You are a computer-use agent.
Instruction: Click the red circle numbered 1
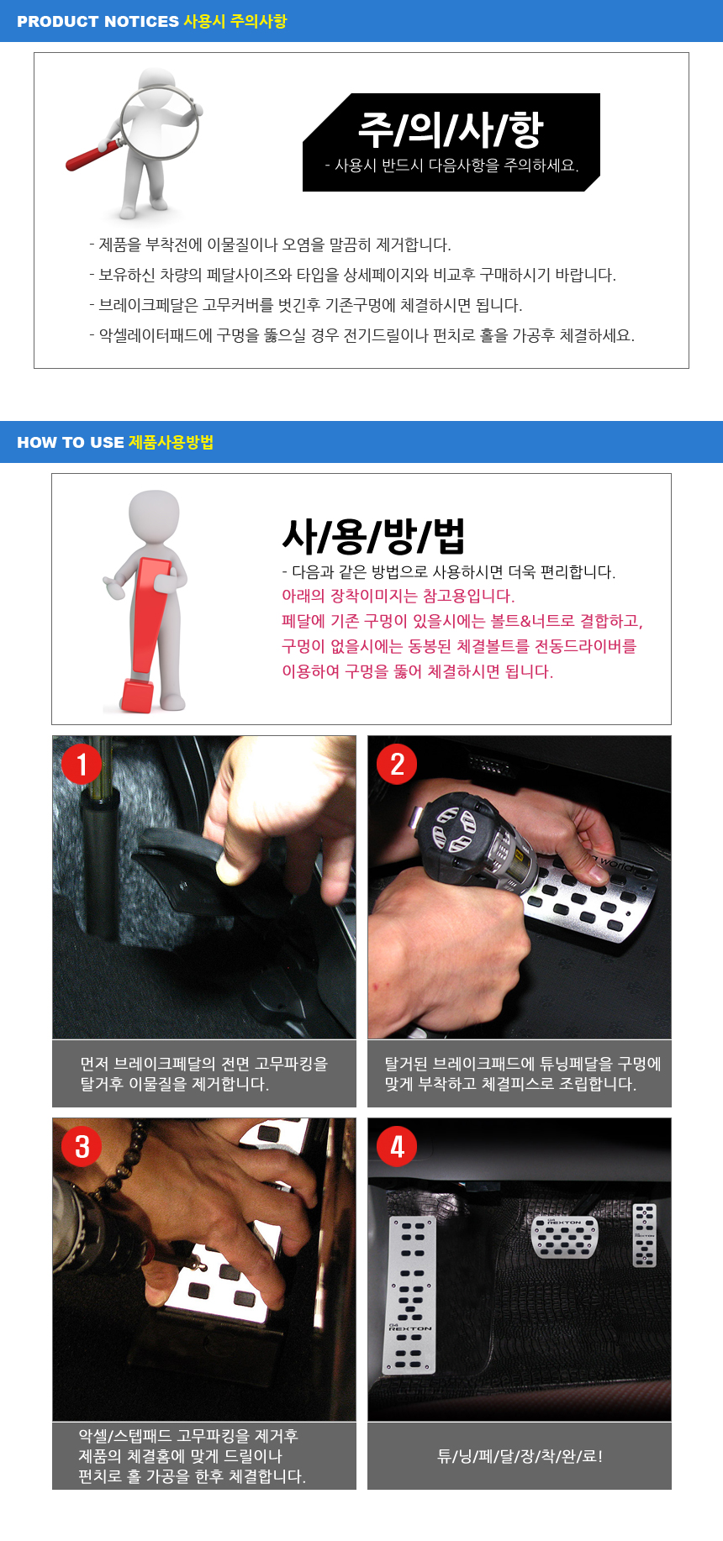pos(82,764)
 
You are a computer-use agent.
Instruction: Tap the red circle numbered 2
pos(397,764)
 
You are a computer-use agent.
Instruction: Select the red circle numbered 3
pos(82,1146)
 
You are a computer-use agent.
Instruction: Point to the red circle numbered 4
pos(397,1146)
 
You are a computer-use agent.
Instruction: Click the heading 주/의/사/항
pos(451,129)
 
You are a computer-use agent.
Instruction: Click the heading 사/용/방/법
pos(373,535)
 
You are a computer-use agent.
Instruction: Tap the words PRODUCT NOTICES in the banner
pos(98,22)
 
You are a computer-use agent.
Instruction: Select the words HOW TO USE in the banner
pos(71,443)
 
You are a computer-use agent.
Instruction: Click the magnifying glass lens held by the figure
pos(159,122)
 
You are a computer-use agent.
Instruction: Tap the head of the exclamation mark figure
pos(154,515)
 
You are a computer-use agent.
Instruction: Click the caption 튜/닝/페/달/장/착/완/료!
pos(520,1456)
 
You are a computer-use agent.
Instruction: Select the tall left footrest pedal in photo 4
pos(411,1295)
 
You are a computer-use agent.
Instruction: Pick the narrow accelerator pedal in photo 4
pos(644,1235)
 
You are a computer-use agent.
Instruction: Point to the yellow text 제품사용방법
pos(171,443)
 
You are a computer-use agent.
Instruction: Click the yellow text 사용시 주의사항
pos(235,22)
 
